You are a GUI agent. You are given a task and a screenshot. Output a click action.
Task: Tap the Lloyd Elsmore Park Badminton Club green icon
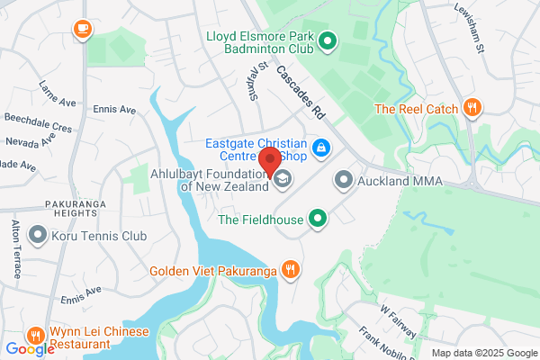[328, 40]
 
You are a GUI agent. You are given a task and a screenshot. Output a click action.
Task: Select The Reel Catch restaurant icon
[472, 109]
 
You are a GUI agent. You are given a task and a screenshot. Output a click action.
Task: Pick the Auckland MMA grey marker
[343, 180]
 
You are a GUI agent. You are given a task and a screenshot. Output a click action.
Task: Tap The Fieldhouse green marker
[317, 218]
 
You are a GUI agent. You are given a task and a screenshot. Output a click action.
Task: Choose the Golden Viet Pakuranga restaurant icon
[290, 268]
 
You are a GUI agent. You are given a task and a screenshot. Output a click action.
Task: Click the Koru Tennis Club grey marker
[38, 236]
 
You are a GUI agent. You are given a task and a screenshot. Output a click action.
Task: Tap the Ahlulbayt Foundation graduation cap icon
[283, 178]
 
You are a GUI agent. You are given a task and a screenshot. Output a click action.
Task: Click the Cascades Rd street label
[301, 94]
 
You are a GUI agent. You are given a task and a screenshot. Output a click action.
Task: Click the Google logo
[29, 349]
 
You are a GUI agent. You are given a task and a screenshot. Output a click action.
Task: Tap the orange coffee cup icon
[82, 29]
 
